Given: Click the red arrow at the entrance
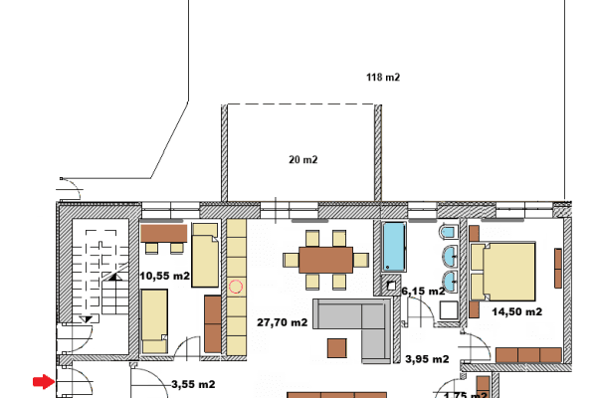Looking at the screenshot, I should (43, 381).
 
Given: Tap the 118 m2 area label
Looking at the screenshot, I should (382, 77).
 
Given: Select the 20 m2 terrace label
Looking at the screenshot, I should (302, 159).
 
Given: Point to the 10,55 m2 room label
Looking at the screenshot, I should (165, 276).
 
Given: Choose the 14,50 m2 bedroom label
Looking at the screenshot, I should (517, 311).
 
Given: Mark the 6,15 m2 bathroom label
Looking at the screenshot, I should (422, 291).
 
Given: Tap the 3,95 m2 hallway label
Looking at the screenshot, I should (427, 359).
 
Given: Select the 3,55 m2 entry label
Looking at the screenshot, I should (194, 383).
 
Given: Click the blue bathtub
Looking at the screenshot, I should (393, 247).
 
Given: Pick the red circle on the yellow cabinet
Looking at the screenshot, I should (236, 287).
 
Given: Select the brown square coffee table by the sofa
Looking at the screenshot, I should (336, 347).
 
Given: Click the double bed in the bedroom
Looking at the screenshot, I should (505, 270).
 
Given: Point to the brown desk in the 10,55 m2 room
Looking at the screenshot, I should (164, 233).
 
